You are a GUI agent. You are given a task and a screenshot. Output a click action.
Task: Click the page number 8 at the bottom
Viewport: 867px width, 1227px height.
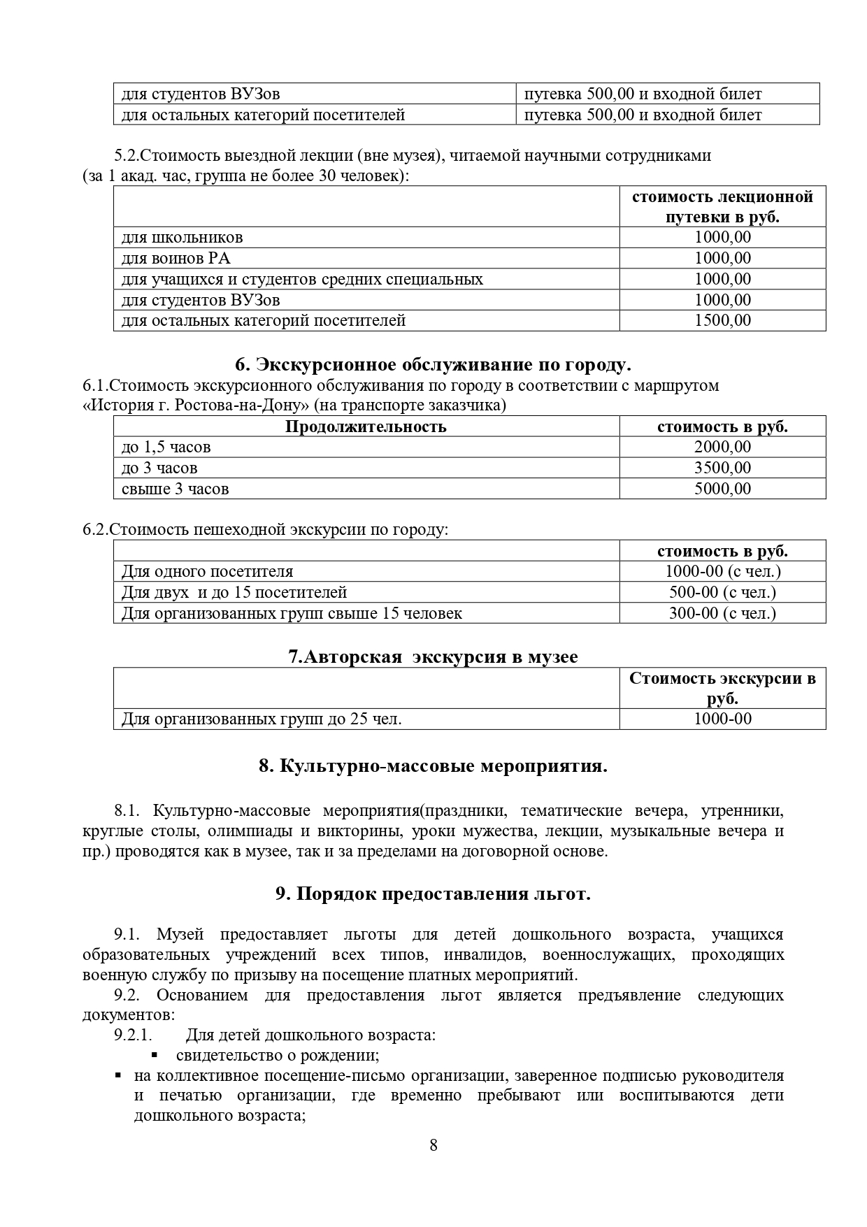click(433, 1165)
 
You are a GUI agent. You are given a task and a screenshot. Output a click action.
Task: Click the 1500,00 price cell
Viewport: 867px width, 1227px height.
click(722, 320)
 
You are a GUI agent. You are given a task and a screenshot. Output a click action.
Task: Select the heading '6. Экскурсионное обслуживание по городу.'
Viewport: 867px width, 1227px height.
click(433, 364)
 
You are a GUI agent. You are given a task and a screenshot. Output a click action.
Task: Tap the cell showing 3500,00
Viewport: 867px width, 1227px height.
click(722, 468)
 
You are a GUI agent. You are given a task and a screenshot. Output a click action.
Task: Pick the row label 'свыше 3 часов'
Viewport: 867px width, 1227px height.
click(175, 489)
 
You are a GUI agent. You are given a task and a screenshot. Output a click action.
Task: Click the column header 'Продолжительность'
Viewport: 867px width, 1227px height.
click(366, 426)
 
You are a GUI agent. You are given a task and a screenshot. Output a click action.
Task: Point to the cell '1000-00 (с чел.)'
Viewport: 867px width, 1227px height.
click(722, 571)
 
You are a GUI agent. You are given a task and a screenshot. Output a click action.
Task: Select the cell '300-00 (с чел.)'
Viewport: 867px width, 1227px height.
click(722, 613)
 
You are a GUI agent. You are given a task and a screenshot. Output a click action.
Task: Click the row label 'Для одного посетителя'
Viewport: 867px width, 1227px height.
click(207, 571)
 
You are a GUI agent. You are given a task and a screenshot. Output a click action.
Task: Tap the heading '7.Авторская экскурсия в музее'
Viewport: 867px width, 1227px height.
click(433, 656)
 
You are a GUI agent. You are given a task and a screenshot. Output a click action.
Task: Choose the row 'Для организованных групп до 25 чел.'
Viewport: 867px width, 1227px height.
click(261, 719)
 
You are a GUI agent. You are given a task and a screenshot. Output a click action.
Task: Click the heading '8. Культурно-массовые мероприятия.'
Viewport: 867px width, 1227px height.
click(433, 766)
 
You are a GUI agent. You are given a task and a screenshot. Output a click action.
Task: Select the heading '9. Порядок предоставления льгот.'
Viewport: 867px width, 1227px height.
click(433, 894)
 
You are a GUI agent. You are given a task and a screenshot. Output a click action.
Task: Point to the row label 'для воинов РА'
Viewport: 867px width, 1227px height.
click(175, 258)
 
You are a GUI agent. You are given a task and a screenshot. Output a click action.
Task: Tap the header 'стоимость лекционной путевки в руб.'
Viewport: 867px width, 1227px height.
click(722, 206)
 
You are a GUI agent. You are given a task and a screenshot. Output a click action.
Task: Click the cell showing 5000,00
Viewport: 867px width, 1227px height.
click(722, 489)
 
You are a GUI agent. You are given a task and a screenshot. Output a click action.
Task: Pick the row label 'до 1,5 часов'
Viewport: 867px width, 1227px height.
click(166, 447)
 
